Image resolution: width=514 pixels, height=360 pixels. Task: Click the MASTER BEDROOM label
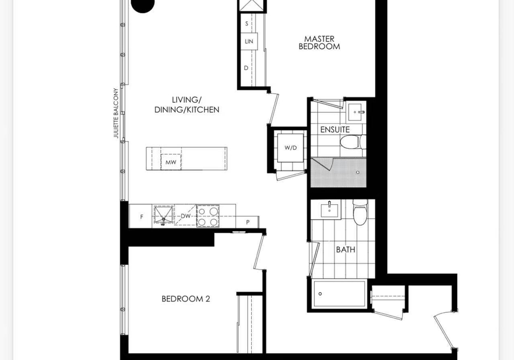319,43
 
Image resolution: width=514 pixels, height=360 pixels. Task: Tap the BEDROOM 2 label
186,298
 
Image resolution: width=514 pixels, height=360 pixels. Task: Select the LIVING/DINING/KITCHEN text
187,105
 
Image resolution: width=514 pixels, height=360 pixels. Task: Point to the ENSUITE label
335,130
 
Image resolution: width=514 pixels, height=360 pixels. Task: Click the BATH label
345,250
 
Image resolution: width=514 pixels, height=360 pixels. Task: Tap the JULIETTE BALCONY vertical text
116,113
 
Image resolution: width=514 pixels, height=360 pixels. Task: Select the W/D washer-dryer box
291,148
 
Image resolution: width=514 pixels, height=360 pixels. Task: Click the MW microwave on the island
171,162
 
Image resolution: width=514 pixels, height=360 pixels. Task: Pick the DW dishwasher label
186,216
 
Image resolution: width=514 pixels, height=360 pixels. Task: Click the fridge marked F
141,216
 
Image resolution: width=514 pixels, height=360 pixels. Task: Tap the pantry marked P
247,222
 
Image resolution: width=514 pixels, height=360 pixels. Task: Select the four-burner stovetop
208,216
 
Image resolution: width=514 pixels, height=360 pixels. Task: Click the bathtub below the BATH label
339,294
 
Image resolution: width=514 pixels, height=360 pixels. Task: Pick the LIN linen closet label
249,42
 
